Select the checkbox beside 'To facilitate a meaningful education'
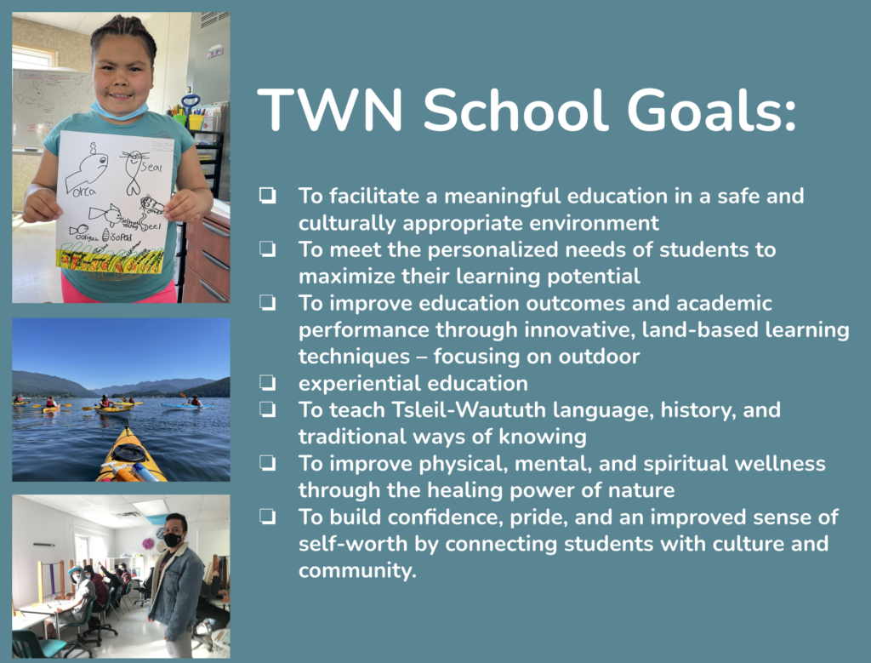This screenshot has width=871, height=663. click(268, 196)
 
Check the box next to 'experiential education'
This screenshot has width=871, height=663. click(268, 383)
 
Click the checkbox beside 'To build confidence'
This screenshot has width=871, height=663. click(268, 517)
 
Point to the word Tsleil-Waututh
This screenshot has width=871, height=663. click(469, 409)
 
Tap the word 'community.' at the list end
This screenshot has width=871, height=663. click(357, 571)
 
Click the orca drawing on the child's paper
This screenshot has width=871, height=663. click(87, 169)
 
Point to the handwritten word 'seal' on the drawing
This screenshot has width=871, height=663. click(151, 167)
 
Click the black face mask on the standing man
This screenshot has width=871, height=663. click(173, 539)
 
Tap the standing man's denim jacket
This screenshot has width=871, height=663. click(177, 589)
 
